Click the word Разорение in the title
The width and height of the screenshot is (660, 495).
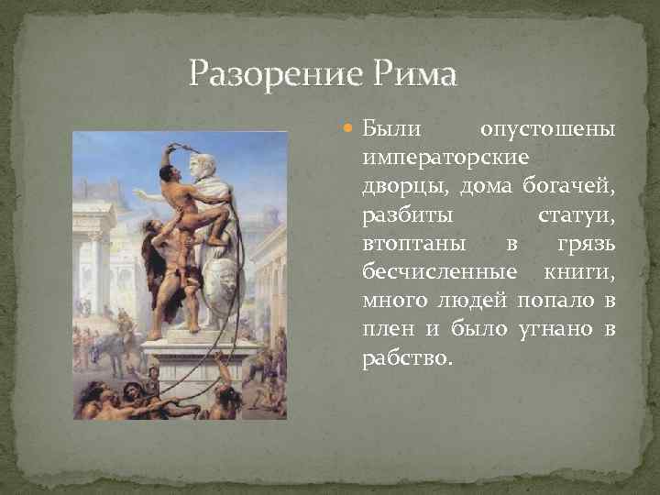(258, 72)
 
